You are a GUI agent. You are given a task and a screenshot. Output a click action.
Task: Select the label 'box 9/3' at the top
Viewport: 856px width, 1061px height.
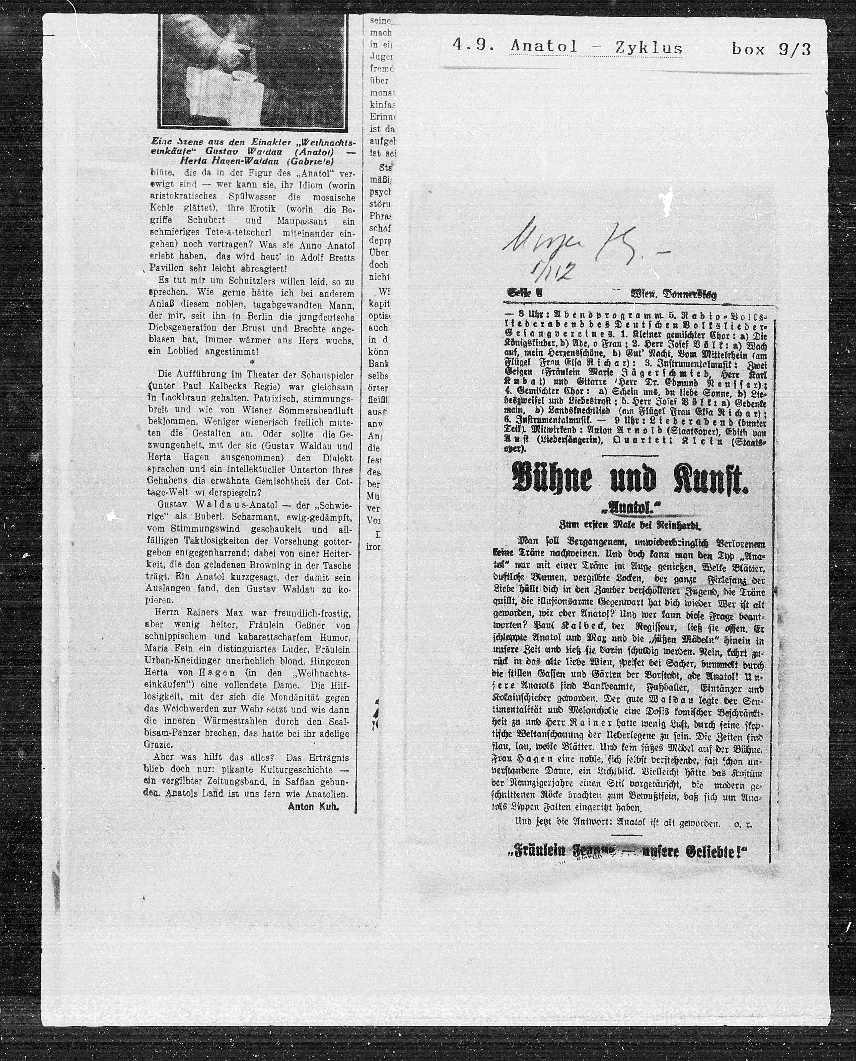[x=771, y=49]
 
